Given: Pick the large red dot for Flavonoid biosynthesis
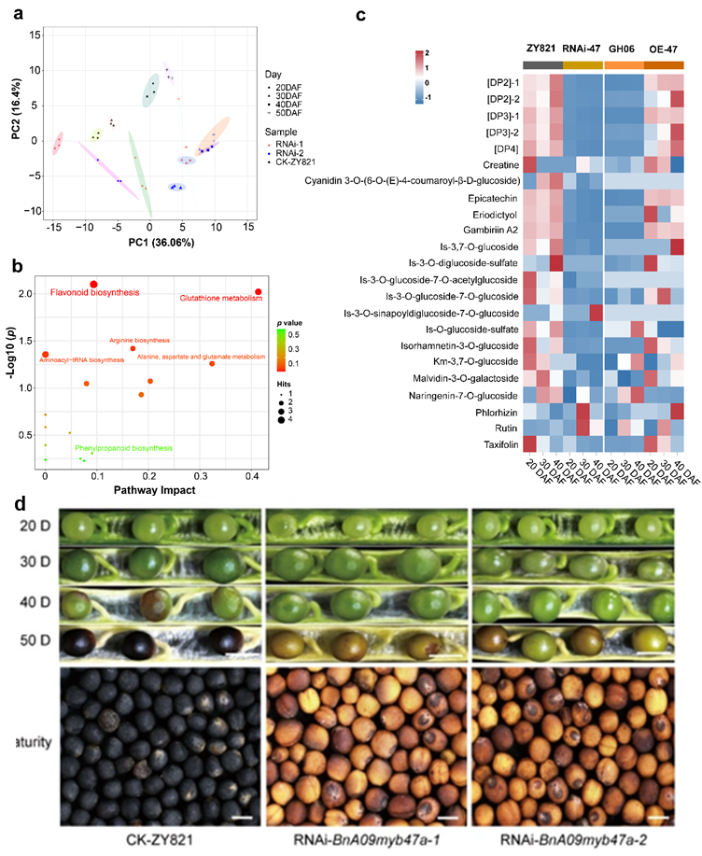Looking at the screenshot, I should [x=93, y=284].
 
